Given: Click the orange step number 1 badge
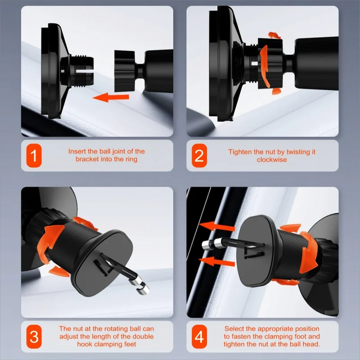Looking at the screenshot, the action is click(x=34, y=155).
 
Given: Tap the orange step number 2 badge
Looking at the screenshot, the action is click(x=199, y=155).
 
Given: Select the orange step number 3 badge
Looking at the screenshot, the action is click(x=34, y=337).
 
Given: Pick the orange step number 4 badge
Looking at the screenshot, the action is click(x=199, y=337).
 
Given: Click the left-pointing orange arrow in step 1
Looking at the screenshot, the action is click(x=111, y=97).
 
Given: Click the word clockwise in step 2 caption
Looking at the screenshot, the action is click(x=272, y=160).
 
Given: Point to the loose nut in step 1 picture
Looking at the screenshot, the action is click(x=125, y=71).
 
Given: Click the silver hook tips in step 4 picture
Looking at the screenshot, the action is click(x=212, y=244).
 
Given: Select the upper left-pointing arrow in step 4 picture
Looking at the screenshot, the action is click(x=217, y=226).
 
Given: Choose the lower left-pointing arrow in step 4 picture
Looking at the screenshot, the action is click(x=217, y=261).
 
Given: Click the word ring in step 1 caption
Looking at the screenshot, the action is click(x=131, y=159).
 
